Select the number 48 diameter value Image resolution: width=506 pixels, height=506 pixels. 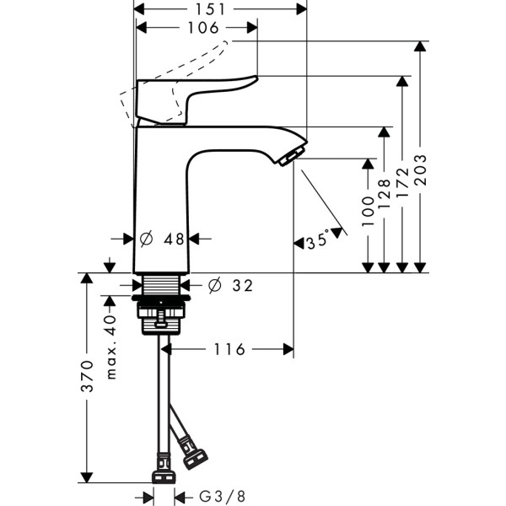(x=174, y=240)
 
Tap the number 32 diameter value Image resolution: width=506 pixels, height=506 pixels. (x=241, y=286)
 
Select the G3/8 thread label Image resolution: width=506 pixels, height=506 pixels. (x=223, y=497)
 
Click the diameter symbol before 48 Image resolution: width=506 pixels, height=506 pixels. (x=145, y=240)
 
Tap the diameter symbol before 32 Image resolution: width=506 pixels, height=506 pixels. (x=213, y=286)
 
